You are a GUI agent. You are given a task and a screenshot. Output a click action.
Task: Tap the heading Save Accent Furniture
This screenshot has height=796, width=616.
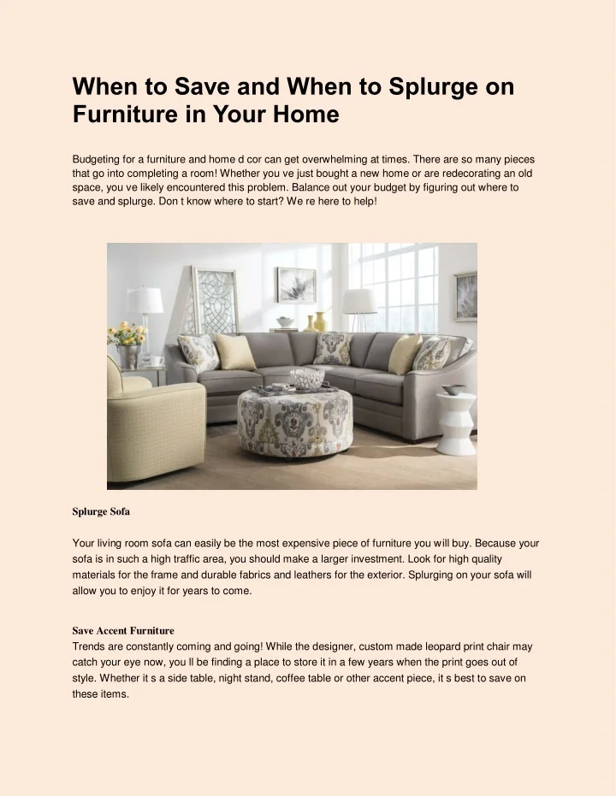click(x=123, y=631)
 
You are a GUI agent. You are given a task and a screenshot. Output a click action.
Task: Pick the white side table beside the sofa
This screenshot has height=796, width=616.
click(x=456, y=423)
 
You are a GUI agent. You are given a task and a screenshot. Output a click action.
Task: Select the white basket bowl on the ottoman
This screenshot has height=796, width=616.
click(x=306, y=378)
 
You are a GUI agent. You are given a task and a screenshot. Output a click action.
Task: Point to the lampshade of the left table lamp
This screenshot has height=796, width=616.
click(x=145, y=300)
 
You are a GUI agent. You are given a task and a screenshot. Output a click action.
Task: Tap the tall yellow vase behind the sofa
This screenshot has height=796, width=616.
click(x=320, y=321)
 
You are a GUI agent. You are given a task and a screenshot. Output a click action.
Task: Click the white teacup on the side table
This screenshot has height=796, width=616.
click(x=157, y=362)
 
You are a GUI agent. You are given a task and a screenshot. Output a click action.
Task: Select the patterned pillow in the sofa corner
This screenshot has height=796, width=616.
click(x=332, y=348)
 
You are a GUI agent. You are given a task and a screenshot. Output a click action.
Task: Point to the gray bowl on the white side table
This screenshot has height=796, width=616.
click(x=454, y=390)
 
